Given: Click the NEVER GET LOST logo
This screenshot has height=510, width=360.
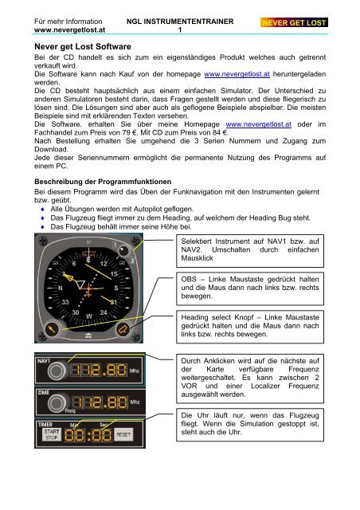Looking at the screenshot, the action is click(x=294, y=22).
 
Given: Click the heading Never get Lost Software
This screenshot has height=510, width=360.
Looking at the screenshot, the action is click(x=83, y=46).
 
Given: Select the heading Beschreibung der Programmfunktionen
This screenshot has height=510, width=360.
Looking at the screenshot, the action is click(x=103, y=182).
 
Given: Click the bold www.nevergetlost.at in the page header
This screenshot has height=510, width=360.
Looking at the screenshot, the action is click(x=69, y=30).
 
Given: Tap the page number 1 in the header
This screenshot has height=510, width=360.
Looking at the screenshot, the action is click(x=180, y=30).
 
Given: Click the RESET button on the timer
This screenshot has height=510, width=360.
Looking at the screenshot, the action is click(x=123, y=434).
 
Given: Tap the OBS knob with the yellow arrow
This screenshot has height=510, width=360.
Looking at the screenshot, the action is click(x=52, y=329).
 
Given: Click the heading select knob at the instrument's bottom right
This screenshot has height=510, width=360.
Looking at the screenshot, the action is click(x=123, y=329).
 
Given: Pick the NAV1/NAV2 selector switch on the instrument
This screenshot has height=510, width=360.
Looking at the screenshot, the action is click(x=123, y=250).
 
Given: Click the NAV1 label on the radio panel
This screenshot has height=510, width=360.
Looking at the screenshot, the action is click(x=44, y=361).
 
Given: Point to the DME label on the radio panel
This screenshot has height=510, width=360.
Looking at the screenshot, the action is click(x=43, y=393).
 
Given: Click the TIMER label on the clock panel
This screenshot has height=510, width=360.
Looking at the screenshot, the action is click(x=45, y=425).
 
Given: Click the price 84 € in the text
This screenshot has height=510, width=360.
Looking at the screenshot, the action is click(x=221, y=133).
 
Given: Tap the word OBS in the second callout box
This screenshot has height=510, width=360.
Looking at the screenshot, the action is click(x=189, y=280).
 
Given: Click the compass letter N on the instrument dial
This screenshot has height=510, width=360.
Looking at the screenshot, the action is click(x=61, y=288).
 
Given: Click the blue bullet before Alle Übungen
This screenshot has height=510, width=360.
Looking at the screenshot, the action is click(x=42, y=209).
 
